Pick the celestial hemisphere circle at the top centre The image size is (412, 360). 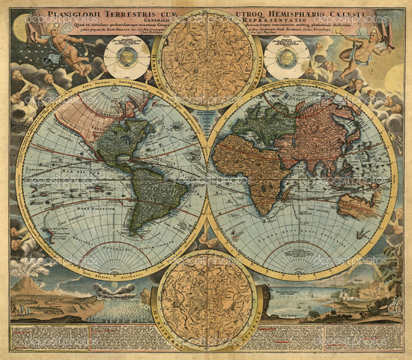click(206, 60)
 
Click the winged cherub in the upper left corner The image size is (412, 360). click(64, 49)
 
